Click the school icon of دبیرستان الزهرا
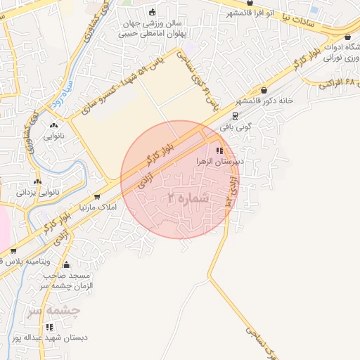[x=220, y=150]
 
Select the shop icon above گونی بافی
[x=235, y=117]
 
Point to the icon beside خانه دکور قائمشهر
[x=264, y=90]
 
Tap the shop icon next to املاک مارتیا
[x=97, y=197]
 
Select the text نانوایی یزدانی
[x=36, y=191]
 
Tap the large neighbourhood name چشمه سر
[x=54, y=310]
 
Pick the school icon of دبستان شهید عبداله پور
[x=49, y=327]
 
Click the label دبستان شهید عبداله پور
[x=59, y=338]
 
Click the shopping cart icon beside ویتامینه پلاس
[x=13, y=251]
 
